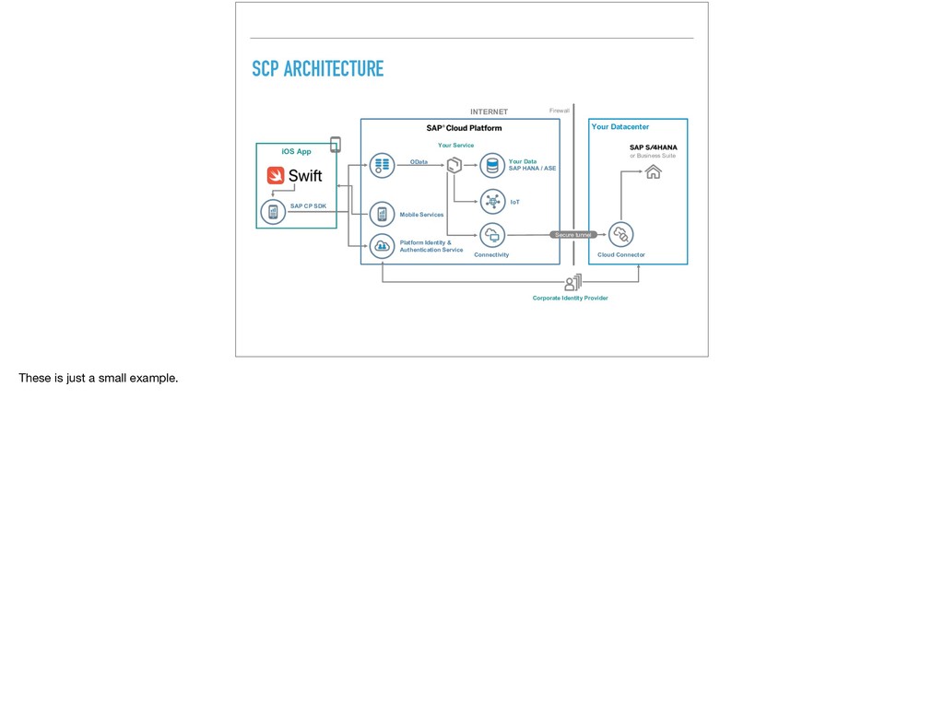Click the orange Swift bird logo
pos(276,175)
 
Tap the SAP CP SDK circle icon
pos(273,213)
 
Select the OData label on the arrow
pos(419,161)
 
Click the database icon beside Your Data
pos(492,166)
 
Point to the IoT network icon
pos(492,200)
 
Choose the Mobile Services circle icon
pos(382,214)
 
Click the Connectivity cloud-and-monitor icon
pos(492,235)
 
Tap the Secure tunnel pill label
pos(572,235)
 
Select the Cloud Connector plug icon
pos(621,235)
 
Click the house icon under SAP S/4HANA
pos(653,170)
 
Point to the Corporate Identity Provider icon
pos(572,282)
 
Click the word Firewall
pos(560,111)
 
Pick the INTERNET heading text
pos(489,111)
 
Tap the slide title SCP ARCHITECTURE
pos(317,69)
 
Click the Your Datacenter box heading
pos(620,127)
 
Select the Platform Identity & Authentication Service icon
pos(382,246)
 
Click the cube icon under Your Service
pos(454,166)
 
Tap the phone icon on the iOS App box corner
pos(335,145)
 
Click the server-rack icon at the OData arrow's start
pos(382,166)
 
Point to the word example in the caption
pos(152,378)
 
